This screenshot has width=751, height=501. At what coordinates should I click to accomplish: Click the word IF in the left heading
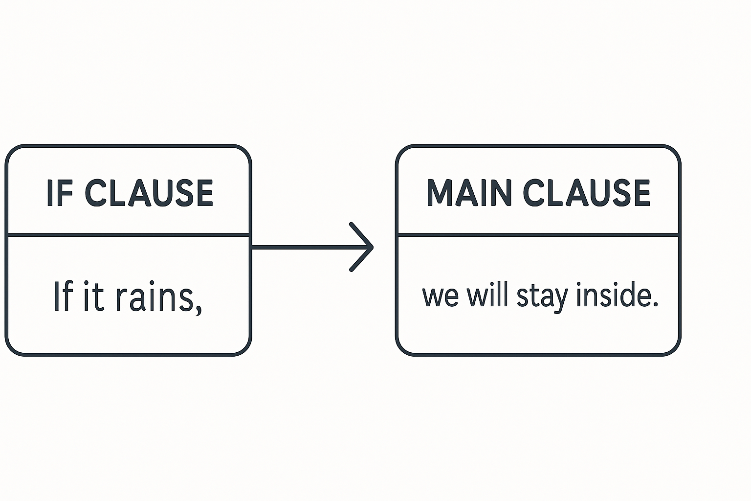60,193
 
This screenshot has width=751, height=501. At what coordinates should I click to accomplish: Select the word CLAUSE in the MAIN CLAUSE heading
587,193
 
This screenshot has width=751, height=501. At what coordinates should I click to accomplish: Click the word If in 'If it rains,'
63,296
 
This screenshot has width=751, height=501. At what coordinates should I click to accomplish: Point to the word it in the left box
92,296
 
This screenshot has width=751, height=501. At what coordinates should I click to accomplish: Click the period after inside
655,304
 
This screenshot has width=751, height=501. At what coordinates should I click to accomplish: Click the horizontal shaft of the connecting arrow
303,248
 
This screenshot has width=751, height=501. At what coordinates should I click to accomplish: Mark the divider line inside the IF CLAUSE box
128,235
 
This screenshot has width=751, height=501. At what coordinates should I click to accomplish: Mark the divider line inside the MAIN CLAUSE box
538,235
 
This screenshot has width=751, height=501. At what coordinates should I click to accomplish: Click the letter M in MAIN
438,193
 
